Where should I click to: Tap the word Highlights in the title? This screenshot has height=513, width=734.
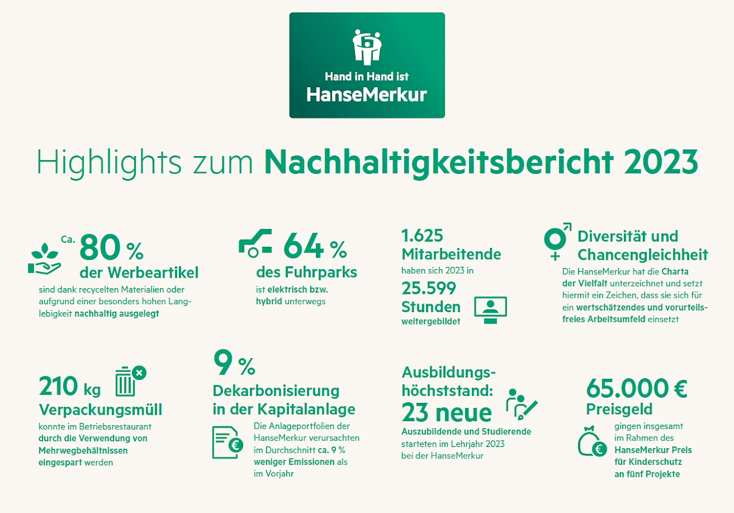pos(101,162)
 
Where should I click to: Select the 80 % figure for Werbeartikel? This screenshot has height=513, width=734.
pos(111,248)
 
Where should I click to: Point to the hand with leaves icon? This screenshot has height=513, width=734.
pos(45,259)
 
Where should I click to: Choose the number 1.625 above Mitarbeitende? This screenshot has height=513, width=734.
pos(422,236)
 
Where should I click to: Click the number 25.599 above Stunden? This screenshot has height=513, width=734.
pos(429,288)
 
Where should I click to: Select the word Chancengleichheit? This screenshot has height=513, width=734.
pos(643,255)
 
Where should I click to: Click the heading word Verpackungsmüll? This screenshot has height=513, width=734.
pos(100,410)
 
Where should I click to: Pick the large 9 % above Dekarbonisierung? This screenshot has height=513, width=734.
pos(234,363)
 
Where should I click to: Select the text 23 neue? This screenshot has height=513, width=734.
pos(447,413)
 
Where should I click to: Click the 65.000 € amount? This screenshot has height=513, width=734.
pos(637,388)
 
